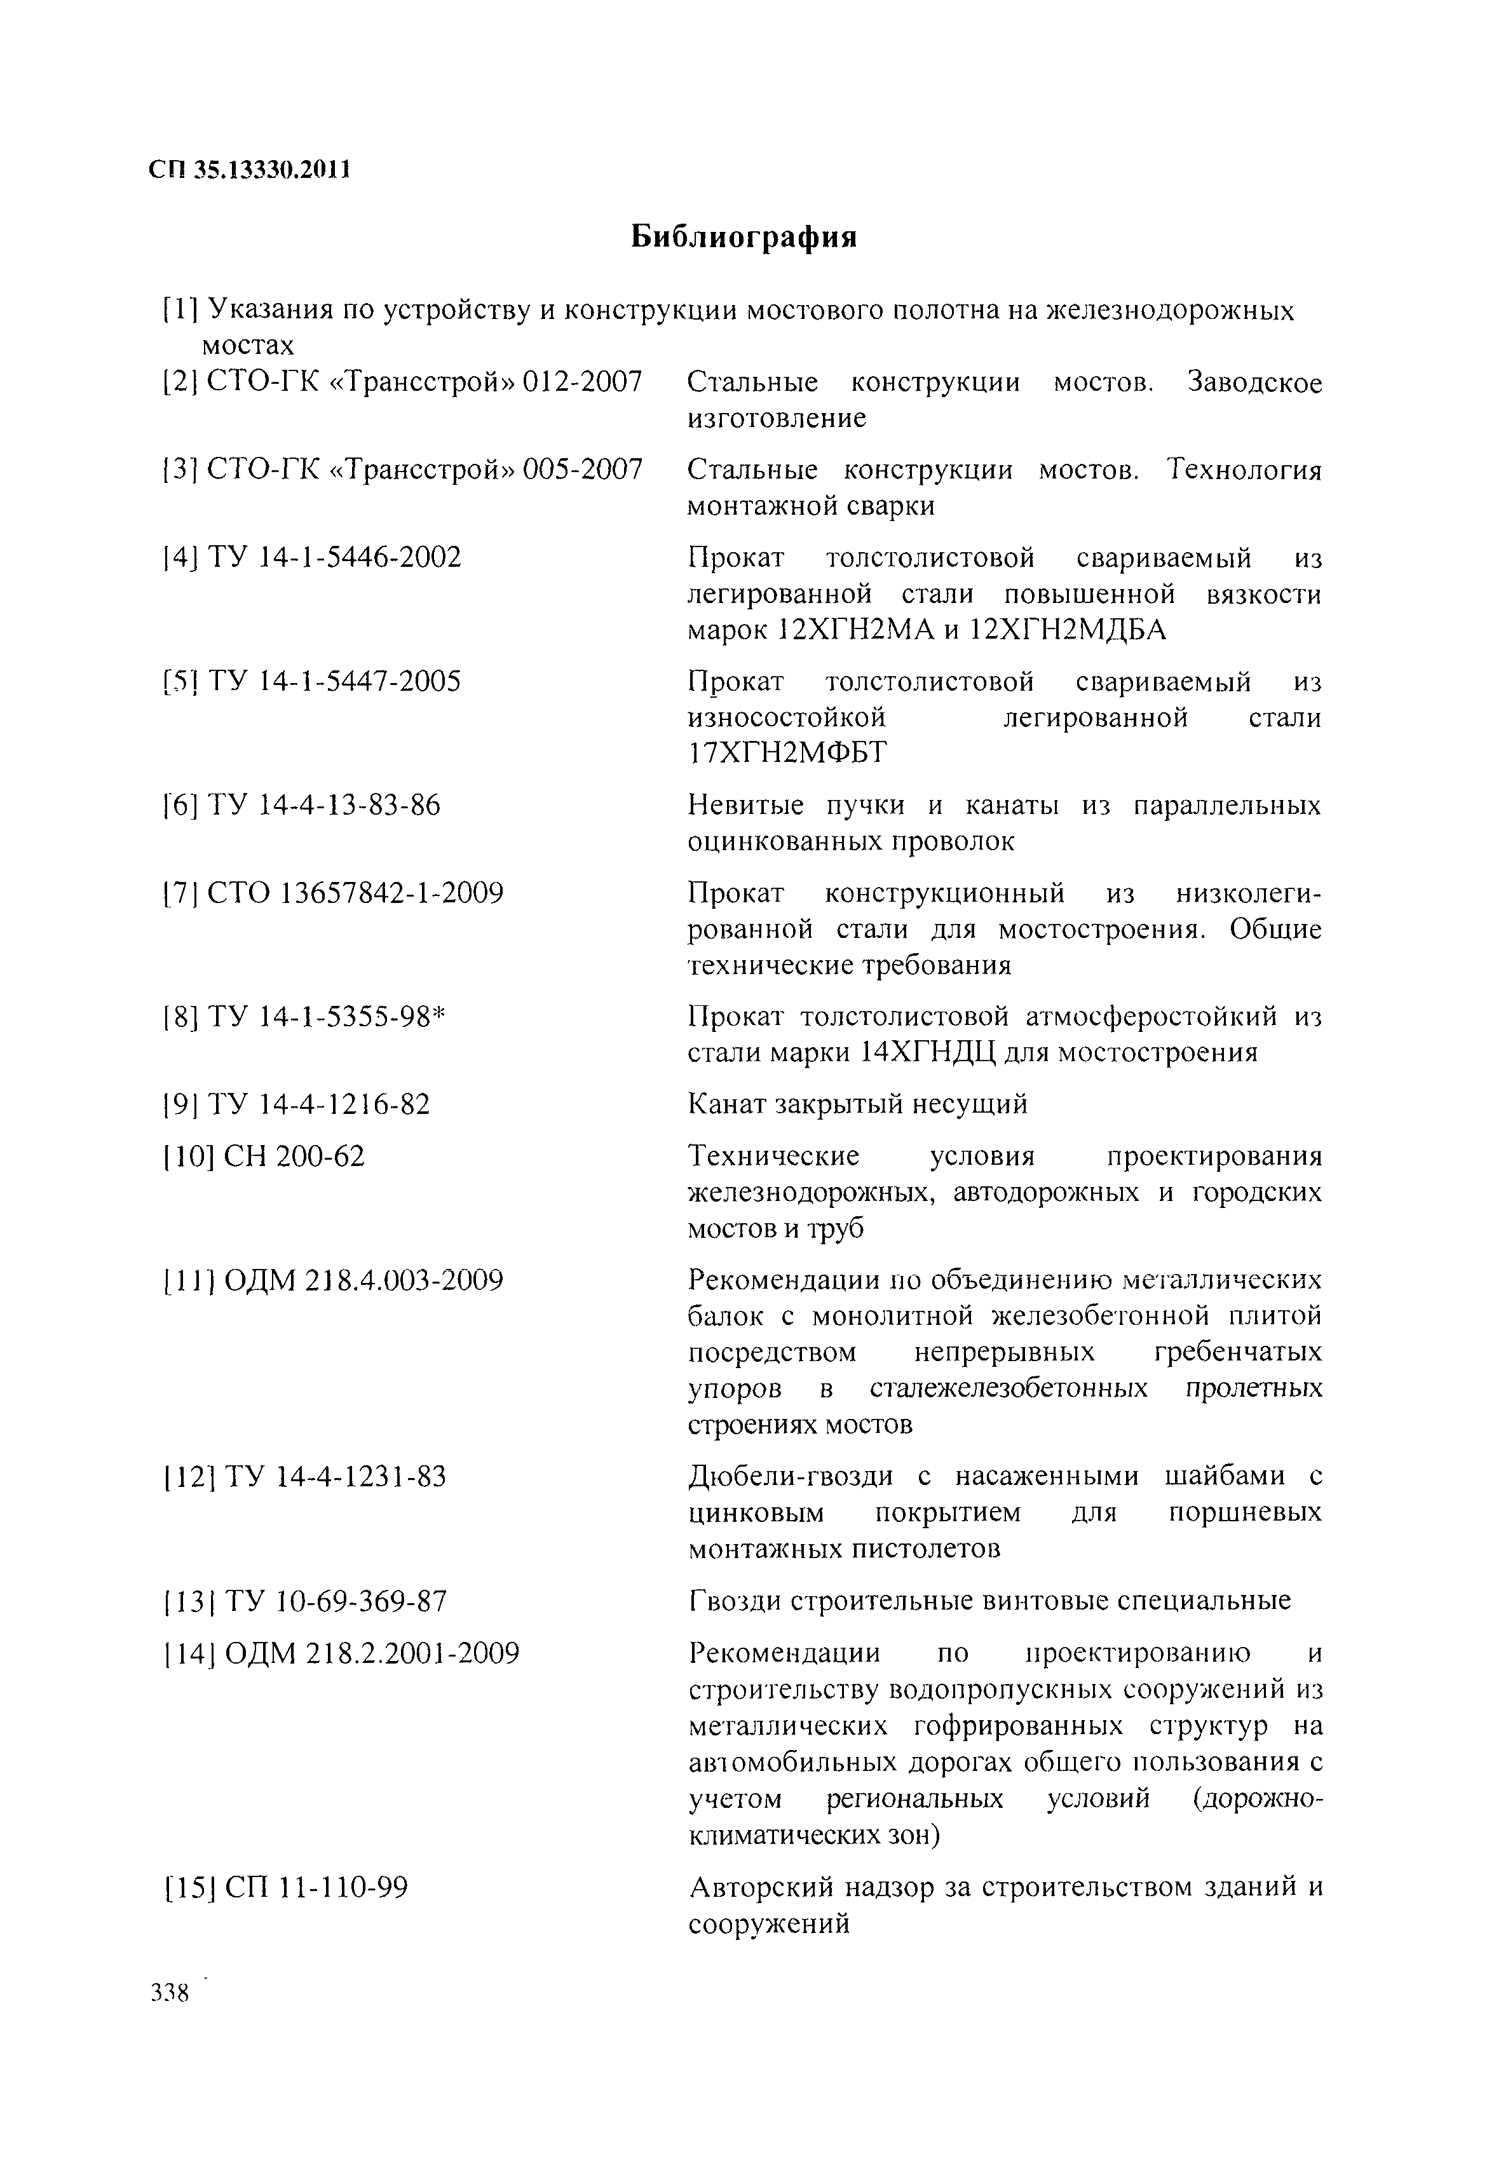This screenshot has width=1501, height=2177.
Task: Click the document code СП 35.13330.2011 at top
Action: click(x=249, y=170)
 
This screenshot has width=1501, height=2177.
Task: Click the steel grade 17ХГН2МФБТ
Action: click(x=787, y=753)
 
